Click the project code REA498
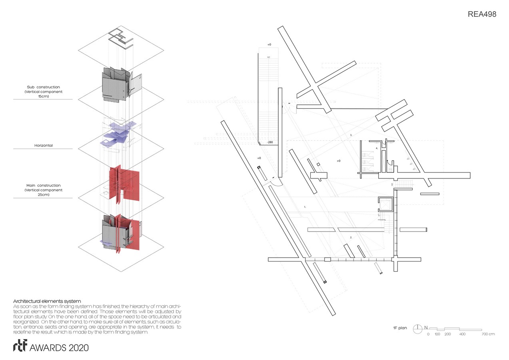pyautogui.click(x=482, y=14)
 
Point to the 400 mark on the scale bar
pyautogui.click(x=462, y=334)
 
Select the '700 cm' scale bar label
pyautogui.click(x=488, y=334)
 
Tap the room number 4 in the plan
pyautogui.click(x=377, y=148)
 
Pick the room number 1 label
pyautogui.click(x=305, y=207)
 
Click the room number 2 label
pyautogui.click(x=351, y=237)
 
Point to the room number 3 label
pyautogui.click(x=351, y=135)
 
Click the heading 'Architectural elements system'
pyautogui.click(x=47, y=301)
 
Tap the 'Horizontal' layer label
pyautogui.click(x=43, y=146)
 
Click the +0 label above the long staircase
pyautogui.click(x=269, y=44)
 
